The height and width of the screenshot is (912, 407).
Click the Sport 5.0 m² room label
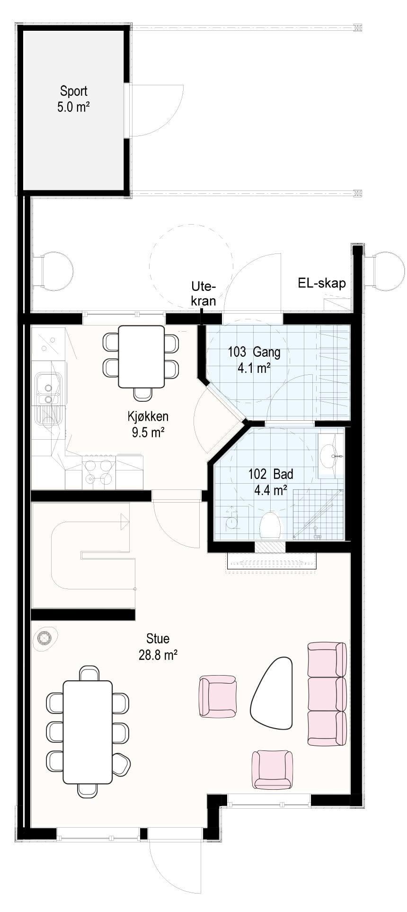(73, 99)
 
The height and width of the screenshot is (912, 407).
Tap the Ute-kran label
(203, 293)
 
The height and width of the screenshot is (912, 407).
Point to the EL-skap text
(322, 283)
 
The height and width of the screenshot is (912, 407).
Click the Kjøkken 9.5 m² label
(148, 424)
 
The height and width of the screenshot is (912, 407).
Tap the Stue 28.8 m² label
(158, 647)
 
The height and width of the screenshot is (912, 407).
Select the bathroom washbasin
(331, 455)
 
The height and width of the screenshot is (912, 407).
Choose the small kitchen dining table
(141, 357)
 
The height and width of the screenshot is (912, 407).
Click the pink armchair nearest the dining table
(218, 696)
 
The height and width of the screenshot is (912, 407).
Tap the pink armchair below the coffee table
(272, 769)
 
